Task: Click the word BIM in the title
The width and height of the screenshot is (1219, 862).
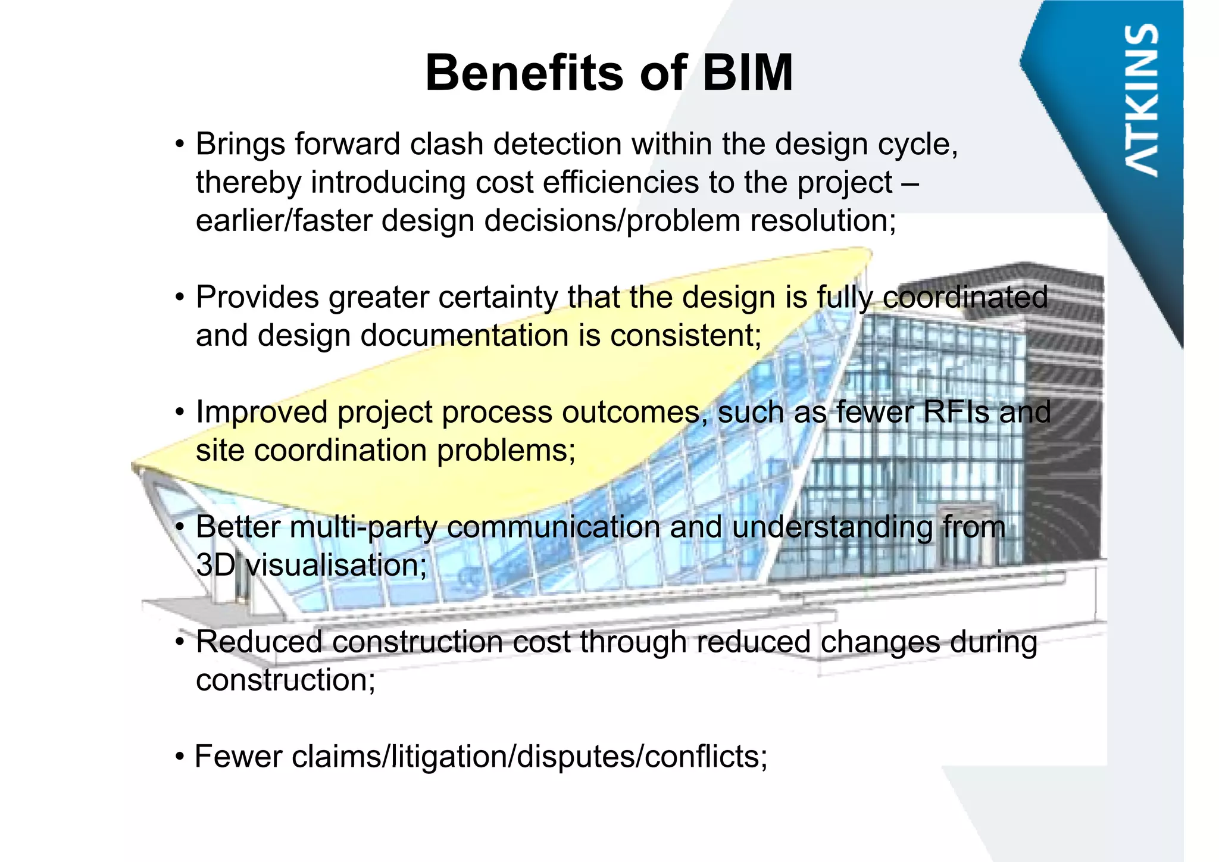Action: (x=748, y=73)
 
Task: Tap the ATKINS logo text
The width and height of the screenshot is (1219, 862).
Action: (x=1142, y=100)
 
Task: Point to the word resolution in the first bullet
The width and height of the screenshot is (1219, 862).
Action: (x=823, y=221)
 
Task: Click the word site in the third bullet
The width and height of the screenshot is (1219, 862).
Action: (x=220, y=450)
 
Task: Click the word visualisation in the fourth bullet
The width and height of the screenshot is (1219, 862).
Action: (x=336, y=565)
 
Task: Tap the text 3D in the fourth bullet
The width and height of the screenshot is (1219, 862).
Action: (x=215, y=565)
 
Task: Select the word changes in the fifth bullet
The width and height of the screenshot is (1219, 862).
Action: (x=880, y=643)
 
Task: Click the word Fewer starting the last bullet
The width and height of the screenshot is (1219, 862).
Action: (x=238, y=757)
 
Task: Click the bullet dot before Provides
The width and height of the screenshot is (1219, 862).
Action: (x=180, y=298)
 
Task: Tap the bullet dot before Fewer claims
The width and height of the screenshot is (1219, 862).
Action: (x=180, y=758)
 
